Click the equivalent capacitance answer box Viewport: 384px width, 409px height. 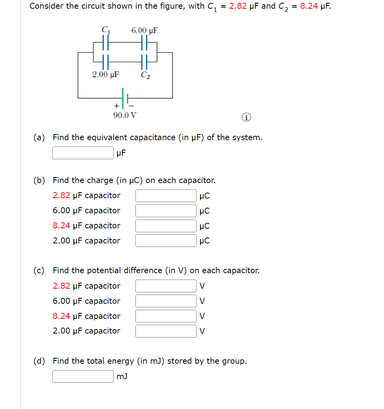tap(83, 153)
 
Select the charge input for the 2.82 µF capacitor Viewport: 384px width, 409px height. tap(166, 196)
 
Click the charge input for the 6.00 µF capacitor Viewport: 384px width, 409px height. tap(166, 211)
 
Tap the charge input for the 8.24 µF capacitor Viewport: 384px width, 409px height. tap(166, 226)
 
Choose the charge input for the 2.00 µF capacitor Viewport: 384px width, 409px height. tap(166, 241)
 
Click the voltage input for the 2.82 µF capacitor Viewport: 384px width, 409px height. tap(166, 286)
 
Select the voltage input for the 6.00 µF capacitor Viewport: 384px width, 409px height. tap(166, 301)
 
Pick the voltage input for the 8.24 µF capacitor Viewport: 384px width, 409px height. tap(166, 316)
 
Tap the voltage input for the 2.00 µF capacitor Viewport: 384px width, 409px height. tap(166, 331)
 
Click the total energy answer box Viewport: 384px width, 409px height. tap(83, 376)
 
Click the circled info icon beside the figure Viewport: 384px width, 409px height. tap(246, 118)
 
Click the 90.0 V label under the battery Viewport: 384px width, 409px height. tap(125, 116)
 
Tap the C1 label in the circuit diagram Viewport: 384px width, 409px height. tap(105, 29)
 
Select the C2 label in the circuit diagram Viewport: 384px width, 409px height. tap(145, 74)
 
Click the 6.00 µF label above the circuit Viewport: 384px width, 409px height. tap(145, 30)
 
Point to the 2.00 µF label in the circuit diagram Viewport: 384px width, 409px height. tap(106, 74)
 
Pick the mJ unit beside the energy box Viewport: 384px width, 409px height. tap(122, 376)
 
